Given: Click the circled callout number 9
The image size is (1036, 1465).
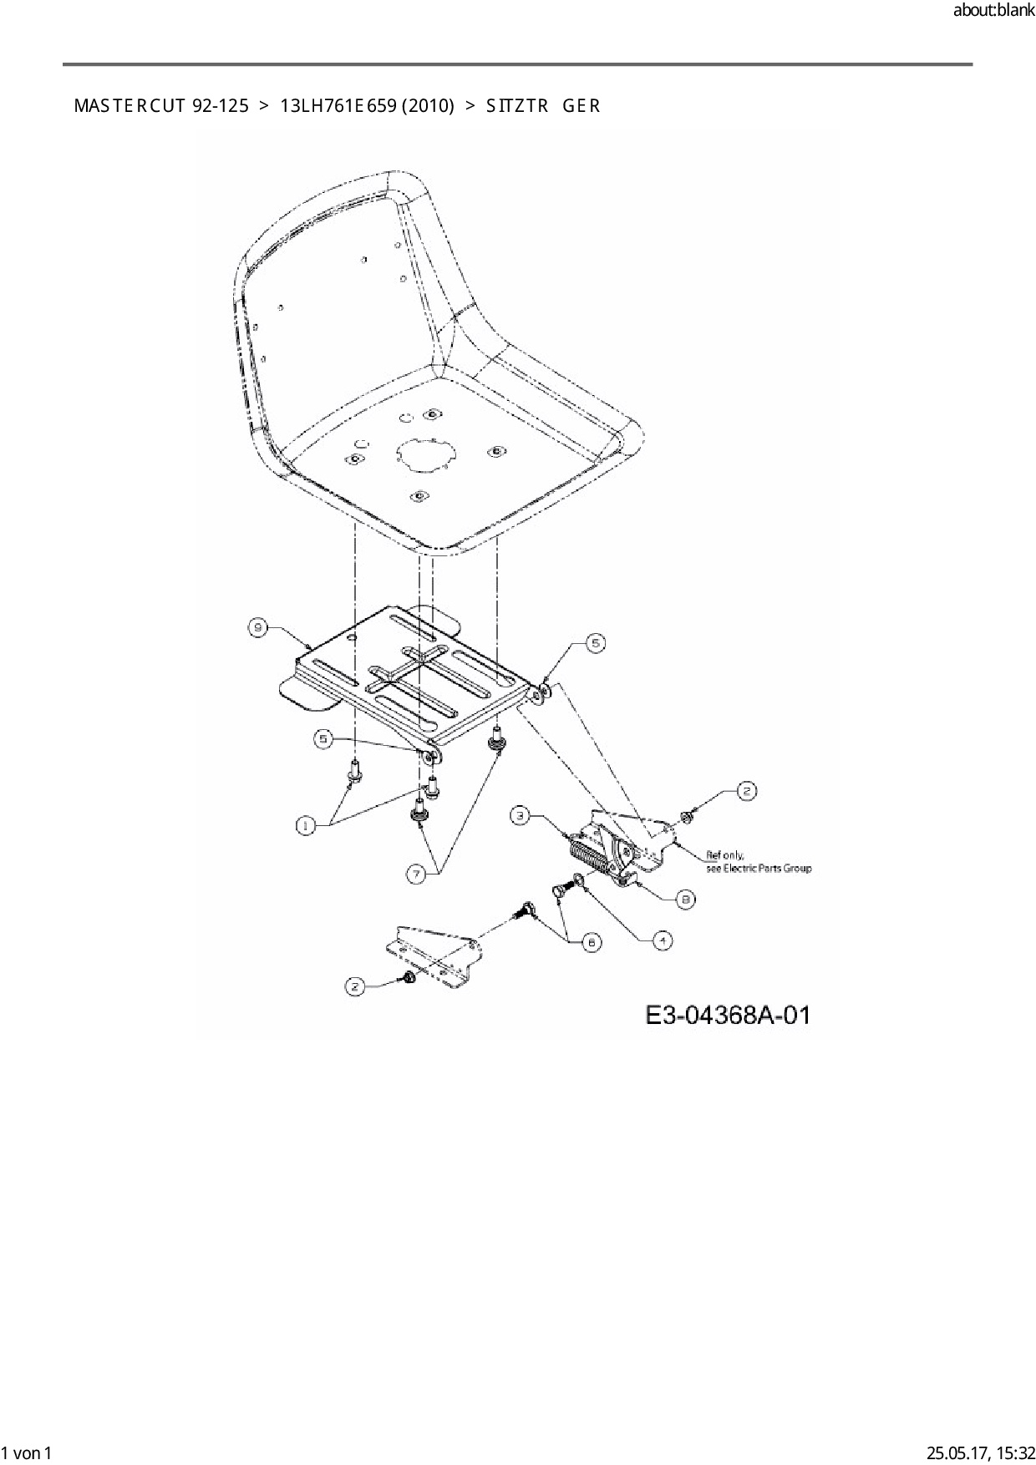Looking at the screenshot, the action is coord(258,628).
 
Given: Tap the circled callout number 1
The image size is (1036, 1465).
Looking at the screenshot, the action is coord(306,825).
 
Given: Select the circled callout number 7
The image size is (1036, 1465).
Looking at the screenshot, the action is coord(416,874).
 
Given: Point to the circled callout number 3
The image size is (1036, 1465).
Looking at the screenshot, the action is coord(520,815).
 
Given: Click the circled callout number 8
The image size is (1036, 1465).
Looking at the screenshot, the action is coord(685,899).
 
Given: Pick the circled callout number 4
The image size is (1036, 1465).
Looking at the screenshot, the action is coord(661,940).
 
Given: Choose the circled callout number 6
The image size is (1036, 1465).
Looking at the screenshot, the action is coord(591,941).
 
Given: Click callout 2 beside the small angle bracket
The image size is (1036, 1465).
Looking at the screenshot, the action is coord(355,986).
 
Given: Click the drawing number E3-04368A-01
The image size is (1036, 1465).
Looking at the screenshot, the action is coord(728,1015).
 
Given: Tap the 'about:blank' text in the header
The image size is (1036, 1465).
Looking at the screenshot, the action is coord(993,11).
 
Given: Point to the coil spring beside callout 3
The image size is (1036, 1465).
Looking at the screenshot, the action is coord(589,856).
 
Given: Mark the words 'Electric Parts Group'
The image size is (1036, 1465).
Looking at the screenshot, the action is coord(767,869).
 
